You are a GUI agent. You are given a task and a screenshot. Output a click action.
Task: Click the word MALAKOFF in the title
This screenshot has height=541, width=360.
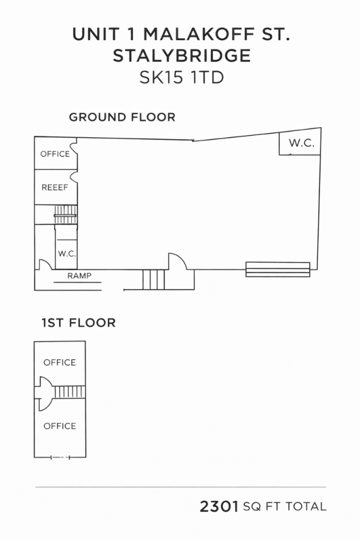click(200, 34)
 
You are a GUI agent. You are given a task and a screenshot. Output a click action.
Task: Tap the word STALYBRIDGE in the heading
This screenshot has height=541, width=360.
click(182, 55)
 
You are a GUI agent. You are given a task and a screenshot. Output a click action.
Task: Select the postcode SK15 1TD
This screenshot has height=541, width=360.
click(182, 77)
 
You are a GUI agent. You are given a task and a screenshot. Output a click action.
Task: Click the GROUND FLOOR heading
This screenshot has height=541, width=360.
click(122, 117)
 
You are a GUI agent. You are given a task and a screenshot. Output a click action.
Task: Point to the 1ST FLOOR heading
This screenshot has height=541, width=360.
click(79, 323)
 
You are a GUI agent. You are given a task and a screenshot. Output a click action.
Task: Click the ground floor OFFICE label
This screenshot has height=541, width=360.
click(55, 154)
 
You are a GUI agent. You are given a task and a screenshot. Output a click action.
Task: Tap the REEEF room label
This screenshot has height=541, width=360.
click(55, 188)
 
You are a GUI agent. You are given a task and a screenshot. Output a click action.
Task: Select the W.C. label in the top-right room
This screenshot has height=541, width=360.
click(302, 143)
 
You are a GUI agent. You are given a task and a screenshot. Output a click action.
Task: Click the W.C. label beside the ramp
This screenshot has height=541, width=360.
click(67, 254)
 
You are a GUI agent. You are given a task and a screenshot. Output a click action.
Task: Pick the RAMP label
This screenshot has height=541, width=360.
click(79, 276)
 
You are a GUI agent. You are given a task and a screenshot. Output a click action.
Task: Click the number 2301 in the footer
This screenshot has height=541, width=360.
click(219, 507)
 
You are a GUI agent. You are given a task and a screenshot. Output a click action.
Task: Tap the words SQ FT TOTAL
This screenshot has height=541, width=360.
click(285, 507)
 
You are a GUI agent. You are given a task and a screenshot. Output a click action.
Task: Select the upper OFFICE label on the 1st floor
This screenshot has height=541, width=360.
click(60, 362)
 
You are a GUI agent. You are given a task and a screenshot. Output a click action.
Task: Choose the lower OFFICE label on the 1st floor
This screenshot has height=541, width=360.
click(60, 426)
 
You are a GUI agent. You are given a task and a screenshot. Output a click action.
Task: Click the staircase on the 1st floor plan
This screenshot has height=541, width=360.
click(70, 392)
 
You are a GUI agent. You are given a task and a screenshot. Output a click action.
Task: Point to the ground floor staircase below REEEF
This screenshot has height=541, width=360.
click(65, 214)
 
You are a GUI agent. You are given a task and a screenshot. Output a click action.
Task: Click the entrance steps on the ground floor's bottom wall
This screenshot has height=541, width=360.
click(154, 279)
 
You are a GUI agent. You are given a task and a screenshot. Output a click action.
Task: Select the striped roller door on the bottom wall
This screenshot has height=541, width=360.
click(278, 269)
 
